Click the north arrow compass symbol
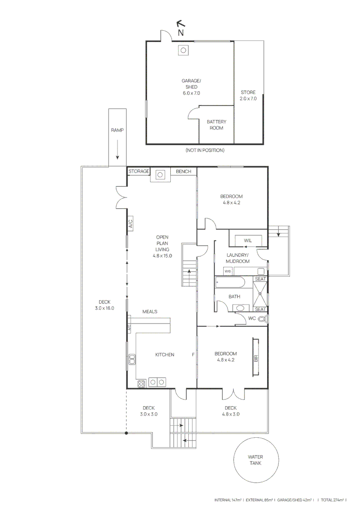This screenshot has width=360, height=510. tap(180, 25)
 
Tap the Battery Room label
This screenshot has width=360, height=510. tap(217, 125)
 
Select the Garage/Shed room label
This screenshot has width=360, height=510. tap(191, 87)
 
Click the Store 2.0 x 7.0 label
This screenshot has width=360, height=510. tap(248, 95)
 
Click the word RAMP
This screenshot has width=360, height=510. tap(117, 130)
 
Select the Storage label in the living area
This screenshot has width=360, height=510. tap(139, 171)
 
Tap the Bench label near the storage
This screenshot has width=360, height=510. tap(184, 171)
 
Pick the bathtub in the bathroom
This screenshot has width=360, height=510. tap(230, 282)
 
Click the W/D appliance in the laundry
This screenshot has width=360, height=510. tap(228, 271)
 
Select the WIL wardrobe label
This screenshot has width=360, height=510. tap(248, 240)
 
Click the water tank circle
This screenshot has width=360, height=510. tap(255, 460)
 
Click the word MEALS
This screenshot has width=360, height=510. tap(150, 312)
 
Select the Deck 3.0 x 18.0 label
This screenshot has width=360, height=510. tap(104, 305)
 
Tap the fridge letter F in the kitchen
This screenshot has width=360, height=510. tap(193, 355)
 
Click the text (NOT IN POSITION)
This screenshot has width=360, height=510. tap(205, 150)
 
